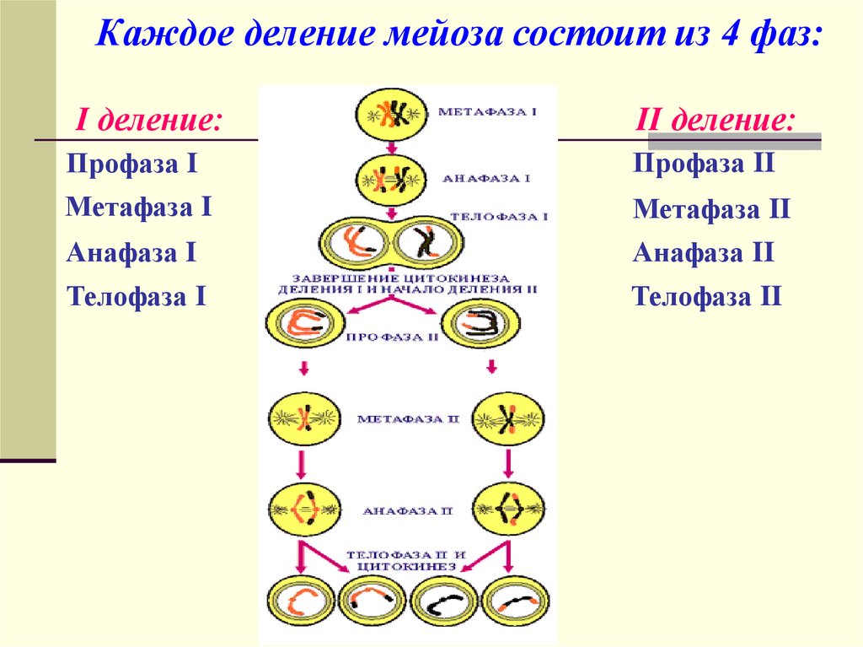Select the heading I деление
pos(150,119)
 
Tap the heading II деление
pos(714,119)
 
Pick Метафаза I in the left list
pos(139,207)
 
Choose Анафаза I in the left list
pos(131,251)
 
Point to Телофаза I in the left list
pos(137,296)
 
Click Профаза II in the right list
pos(704,163)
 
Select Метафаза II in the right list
pos(711,208)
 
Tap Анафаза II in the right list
pos(704,252)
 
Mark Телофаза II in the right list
pos(708,296)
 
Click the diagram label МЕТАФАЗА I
pos(487,111)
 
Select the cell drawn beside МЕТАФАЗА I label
pos(390,113)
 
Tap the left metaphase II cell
pos(303,417)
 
